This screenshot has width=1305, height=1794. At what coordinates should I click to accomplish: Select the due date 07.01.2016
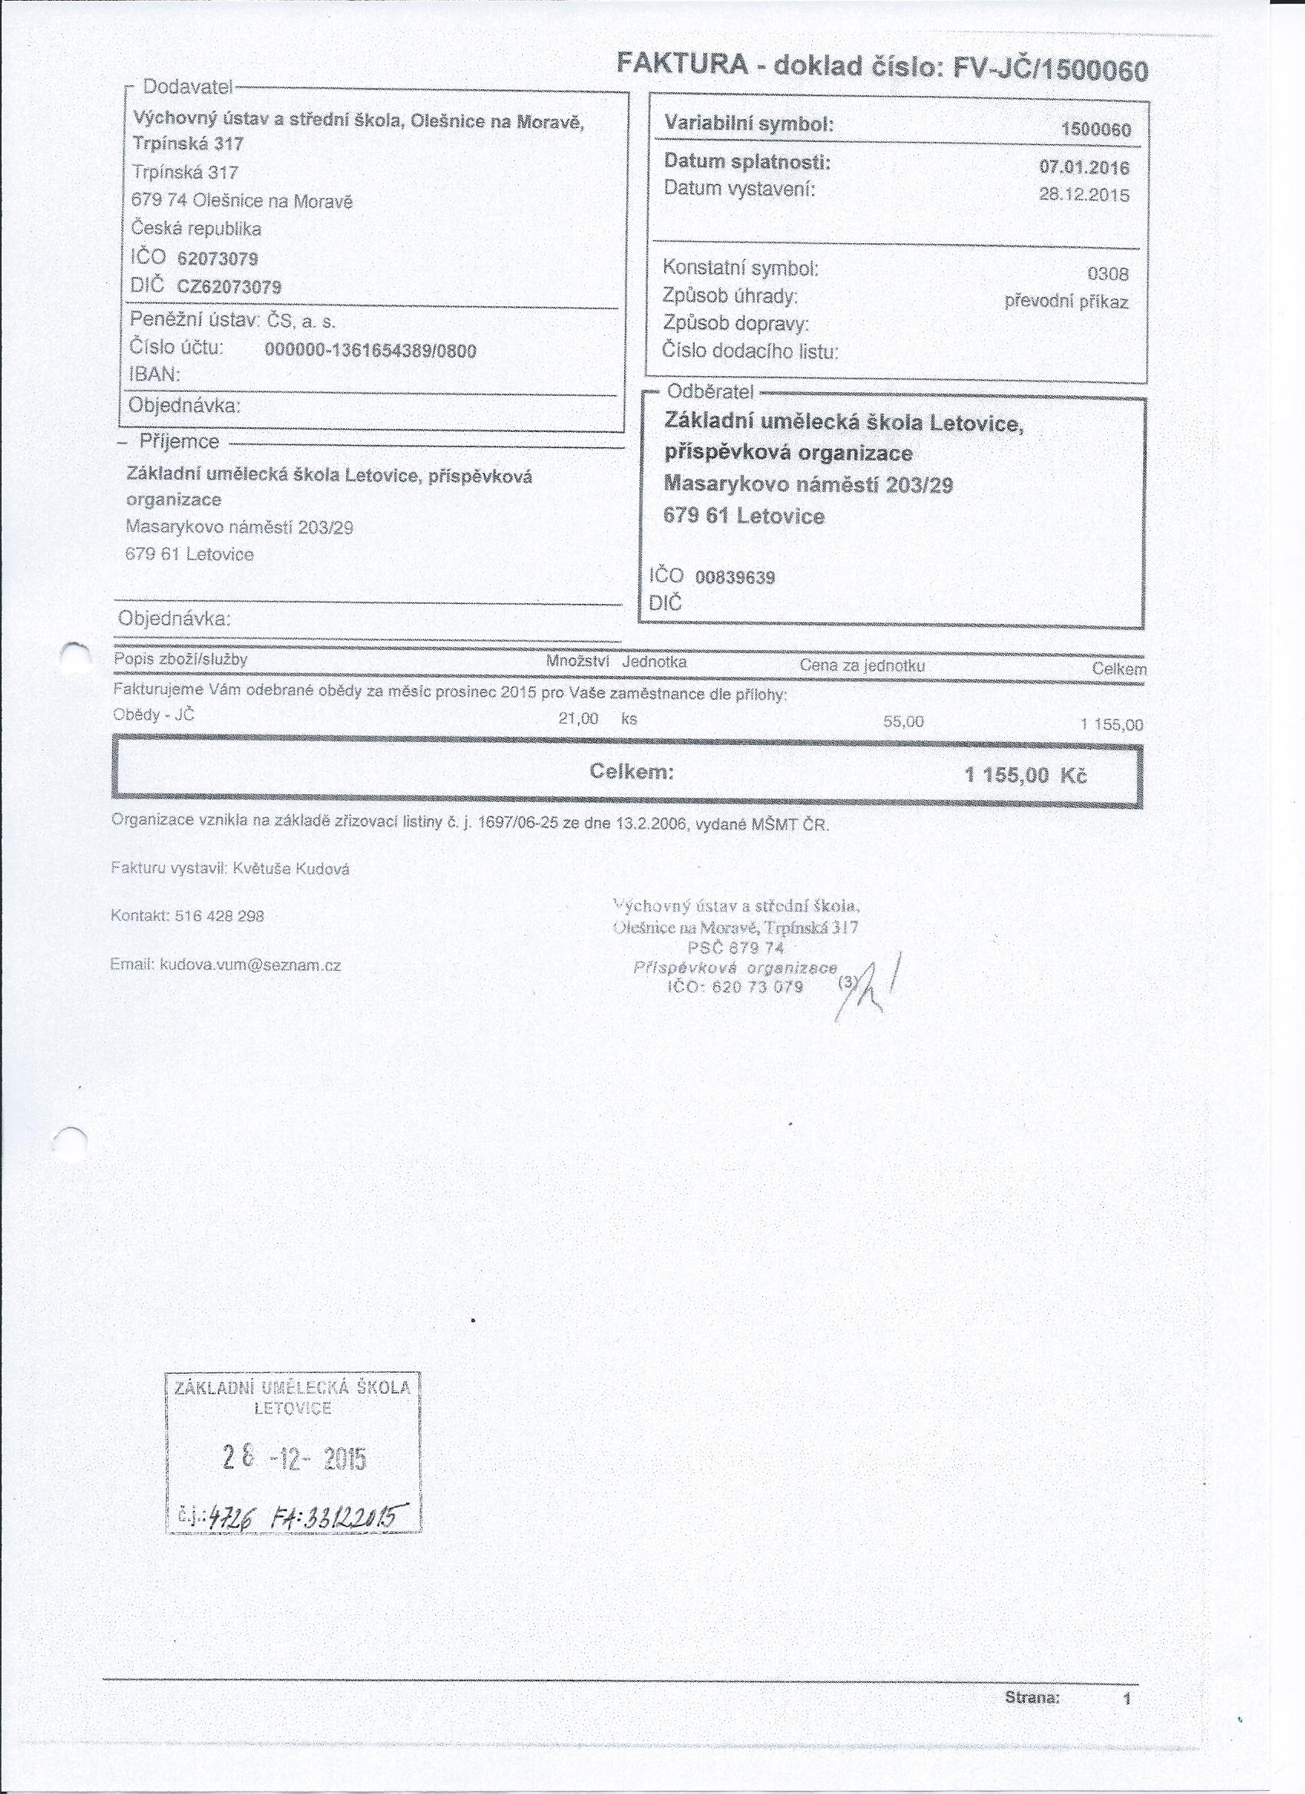click(x=1083, y=167)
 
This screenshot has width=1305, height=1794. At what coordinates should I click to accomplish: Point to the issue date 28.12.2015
click(x=1083, y=195)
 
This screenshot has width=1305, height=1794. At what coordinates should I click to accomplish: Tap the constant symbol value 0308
click(x=1107, y=274)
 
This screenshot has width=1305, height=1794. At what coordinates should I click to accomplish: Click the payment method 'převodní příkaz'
click(x=1066, y=302)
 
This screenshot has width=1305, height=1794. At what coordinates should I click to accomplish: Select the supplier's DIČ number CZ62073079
click(x=229, y=286)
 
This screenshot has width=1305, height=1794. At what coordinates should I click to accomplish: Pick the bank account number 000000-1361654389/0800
click(x=370, y=351)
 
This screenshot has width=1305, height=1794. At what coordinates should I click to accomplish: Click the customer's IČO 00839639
click(x=735, y=578)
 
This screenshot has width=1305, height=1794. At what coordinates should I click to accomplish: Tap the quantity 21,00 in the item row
click(x=578, y=719)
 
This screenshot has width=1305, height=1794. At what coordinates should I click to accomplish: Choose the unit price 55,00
click(x=903, y=721)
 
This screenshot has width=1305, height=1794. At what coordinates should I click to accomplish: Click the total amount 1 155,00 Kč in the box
click(x=1026, y=774)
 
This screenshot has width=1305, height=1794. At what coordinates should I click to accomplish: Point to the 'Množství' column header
click(x=577, y=661)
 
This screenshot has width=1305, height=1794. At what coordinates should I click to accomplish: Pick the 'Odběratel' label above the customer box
click(x=710, y=391)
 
